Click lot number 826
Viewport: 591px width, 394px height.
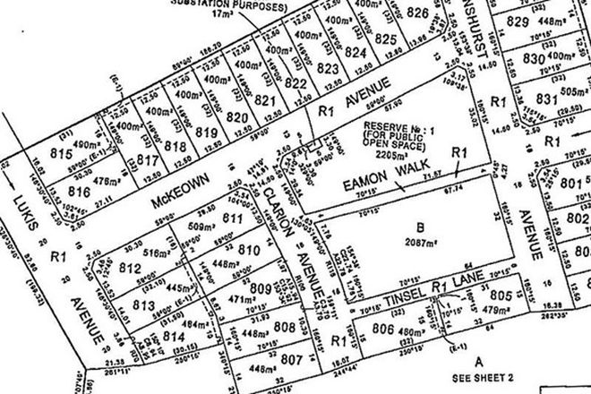[x=418, y=13]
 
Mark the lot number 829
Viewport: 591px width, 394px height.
[x=537, y=21]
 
